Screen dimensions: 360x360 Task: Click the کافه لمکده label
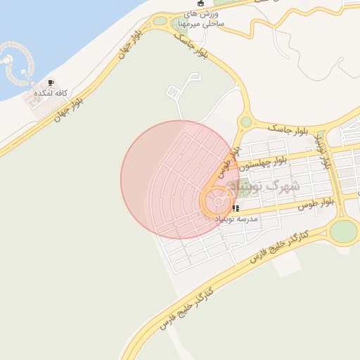(49, 93)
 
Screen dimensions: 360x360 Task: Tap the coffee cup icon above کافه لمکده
(51, 82)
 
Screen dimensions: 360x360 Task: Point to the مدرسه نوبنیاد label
(237, 219)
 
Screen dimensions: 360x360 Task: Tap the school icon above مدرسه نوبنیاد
(235, 209)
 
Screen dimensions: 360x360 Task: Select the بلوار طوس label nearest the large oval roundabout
(314, 204)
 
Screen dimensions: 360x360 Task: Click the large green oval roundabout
(344, 231)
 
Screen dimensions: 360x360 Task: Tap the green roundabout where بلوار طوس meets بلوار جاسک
(245, 122)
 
